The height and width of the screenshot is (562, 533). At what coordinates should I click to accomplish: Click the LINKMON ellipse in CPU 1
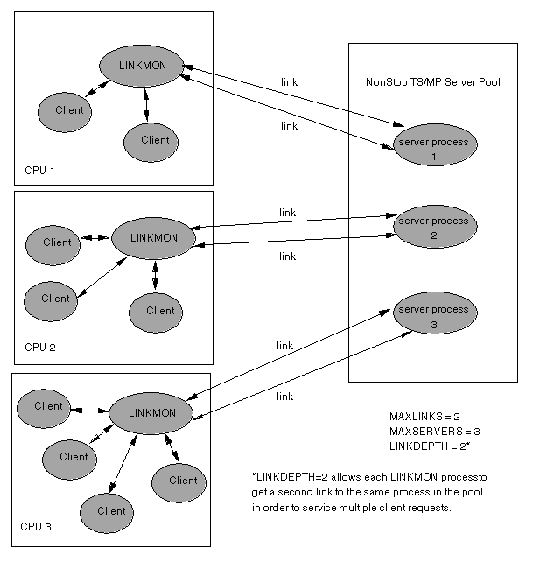[141, 66]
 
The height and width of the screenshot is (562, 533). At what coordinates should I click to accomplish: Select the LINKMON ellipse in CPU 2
[153, 237]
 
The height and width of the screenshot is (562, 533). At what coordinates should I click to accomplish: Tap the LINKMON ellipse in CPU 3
[152, 412]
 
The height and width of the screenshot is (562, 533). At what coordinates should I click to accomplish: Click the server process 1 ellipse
[433, 147]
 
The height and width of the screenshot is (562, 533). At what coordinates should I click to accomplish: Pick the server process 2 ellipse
[433, 228]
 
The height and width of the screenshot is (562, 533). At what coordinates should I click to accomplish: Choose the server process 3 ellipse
[433, 316]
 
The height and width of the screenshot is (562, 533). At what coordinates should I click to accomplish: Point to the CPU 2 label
[40, 348]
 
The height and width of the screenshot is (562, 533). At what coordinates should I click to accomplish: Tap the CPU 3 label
[36, 527]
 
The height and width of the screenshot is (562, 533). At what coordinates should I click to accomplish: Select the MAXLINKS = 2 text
[424, 415]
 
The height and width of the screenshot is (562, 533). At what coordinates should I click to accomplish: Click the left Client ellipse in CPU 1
[68, 110]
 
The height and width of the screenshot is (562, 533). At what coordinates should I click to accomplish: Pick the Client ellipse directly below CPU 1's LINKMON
[154, 140]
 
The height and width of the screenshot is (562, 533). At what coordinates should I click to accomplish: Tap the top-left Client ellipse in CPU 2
[57, 242]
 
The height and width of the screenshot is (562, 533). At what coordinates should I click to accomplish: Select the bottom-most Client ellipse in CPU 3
[111, 511]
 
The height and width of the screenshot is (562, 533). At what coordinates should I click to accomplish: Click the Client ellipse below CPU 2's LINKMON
[160, 310]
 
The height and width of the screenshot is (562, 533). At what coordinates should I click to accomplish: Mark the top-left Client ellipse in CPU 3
[48, 406]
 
